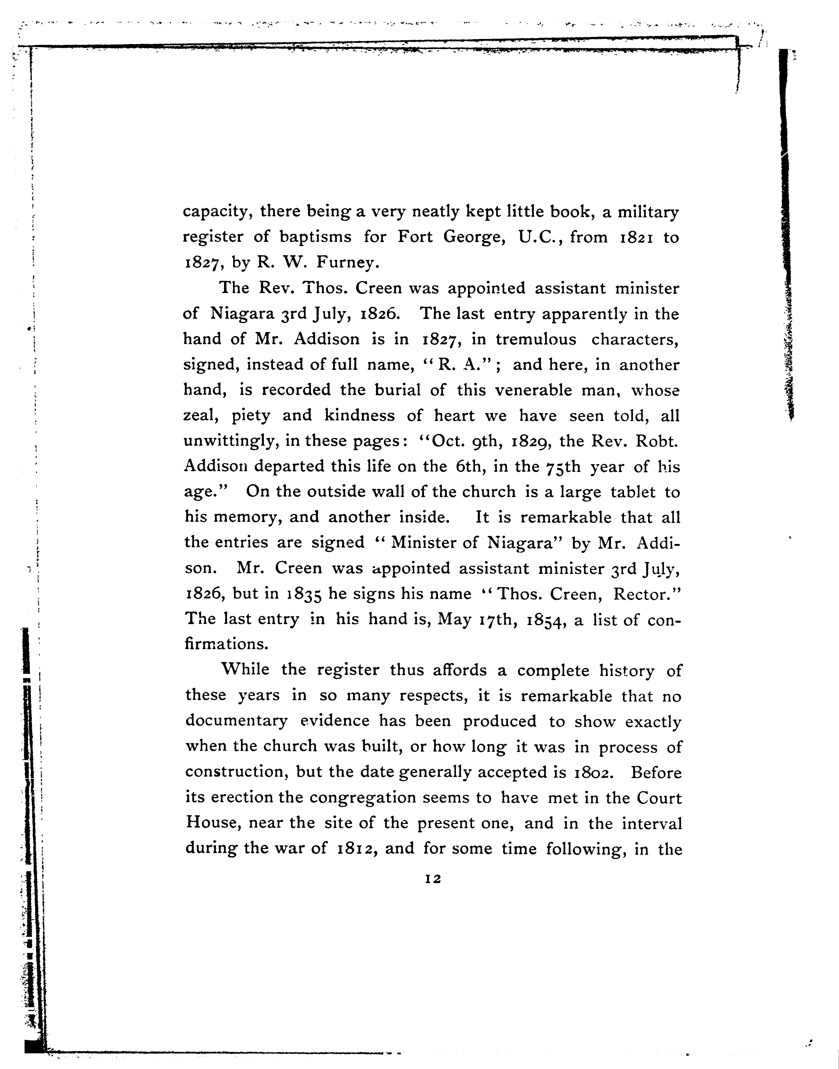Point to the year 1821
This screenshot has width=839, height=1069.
634,238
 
